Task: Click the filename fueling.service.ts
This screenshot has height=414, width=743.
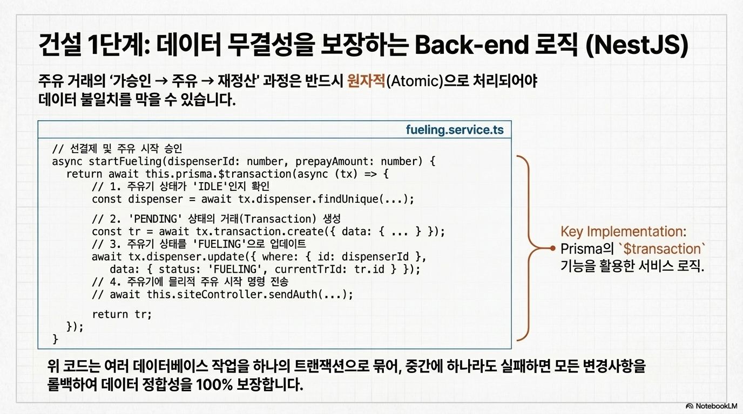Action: click(x=455, y=130)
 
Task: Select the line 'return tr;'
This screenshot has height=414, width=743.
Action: click(x=122, y=314)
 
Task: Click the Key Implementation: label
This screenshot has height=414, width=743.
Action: click(x=624, y=232)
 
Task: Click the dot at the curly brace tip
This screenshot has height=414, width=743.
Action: click(x=552, y=249)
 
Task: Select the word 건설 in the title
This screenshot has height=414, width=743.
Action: click(x=57, y=45)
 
